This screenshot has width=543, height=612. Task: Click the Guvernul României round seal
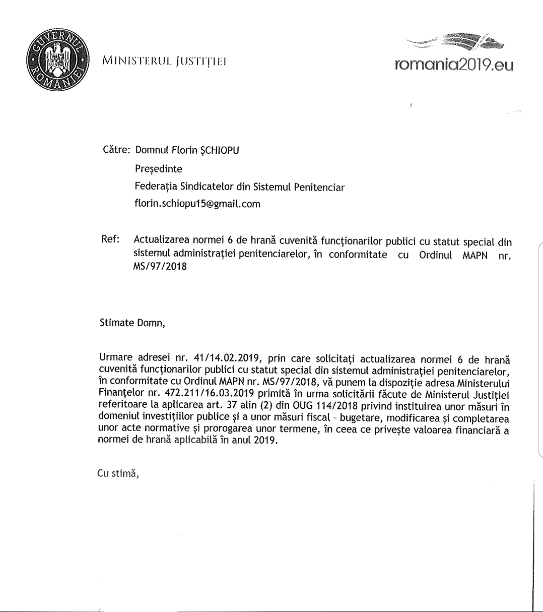click(56, 59)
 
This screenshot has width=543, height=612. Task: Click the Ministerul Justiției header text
click(164, 62)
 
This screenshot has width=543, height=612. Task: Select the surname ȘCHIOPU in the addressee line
click(219, 150)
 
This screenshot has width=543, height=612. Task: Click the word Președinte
click(158, 169)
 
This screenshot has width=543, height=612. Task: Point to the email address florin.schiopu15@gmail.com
click(197, 204)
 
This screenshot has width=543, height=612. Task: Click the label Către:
click(116, 150)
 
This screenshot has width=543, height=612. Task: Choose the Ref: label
click(110, 239)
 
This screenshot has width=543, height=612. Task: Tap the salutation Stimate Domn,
click(132, 323)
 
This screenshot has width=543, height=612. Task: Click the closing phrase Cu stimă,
click(118, 474)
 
